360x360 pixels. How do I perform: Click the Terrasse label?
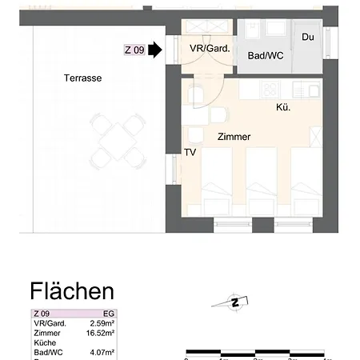[x=83, y=78]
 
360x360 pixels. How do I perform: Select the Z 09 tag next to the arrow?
[x=134, y=50]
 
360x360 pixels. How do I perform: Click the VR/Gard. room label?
[x=210, y=49]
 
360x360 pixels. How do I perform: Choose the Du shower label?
[x=308, y=38]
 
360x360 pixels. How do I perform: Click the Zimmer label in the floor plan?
[x=234, y=137]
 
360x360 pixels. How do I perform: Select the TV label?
[x=190, y=152]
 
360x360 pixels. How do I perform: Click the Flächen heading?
[x=72, y=290]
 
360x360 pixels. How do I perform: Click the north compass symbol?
[x=235, y=302]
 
